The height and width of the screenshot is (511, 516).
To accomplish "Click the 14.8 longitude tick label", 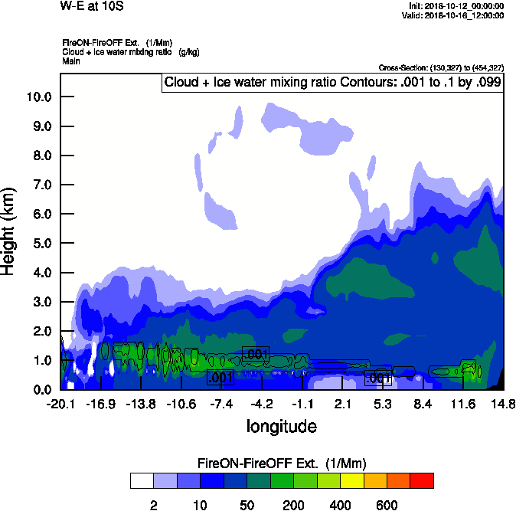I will [x=503, y=404].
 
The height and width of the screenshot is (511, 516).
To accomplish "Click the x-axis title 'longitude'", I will [x=281, y=425].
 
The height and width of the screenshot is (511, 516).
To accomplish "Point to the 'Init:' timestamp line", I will [x=457, y=6].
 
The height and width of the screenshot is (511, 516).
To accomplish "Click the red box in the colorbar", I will [x=422, y=481].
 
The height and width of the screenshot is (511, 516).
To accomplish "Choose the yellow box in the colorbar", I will [x=351, y=481].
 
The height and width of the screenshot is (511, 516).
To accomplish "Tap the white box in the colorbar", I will [x=142, y=481].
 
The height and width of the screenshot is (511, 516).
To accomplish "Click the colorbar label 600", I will [x=387, y=505].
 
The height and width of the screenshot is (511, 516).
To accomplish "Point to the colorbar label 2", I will [x=154, y=505].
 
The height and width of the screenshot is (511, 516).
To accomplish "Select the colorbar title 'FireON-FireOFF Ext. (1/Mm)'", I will [x=282, y=464].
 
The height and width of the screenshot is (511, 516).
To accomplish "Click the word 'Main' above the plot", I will [x=71, y=61].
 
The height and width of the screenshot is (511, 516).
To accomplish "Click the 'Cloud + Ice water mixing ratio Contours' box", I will [x=331, y=82].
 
